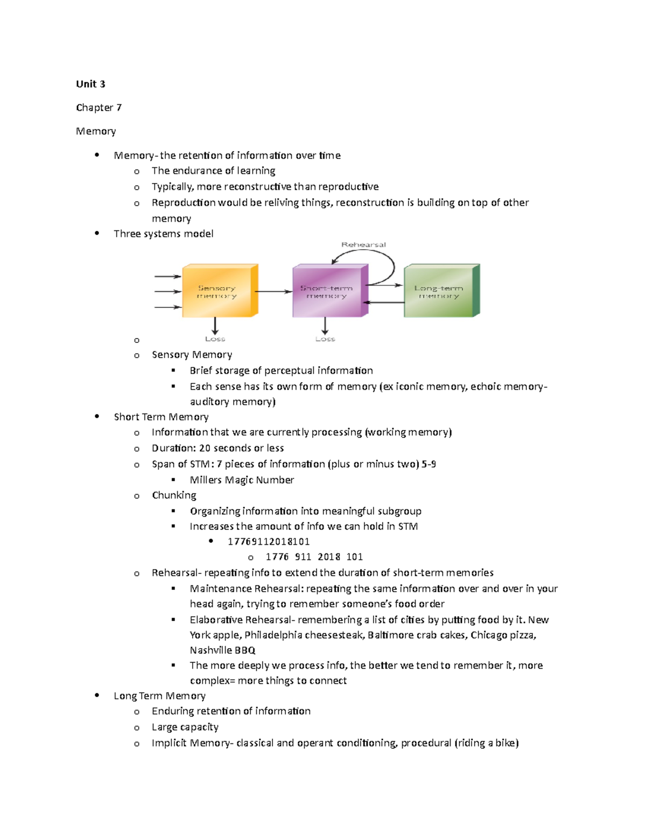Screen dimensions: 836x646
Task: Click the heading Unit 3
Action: tap(90, 84)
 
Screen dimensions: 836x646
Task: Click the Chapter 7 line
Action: tap(99, 108)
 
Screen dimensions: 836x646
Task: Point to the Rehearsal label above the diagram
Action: tap(363, 244)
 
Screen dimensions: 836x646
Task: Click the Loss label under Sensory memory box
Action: tap(215, 339)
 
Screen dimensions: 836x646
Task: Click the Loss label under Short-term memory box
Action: tap(325, 339)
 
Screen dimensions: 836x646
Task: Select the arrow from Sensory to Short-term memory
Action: tap(273, 292)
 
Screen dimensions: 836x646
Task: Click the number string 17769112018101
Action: tap(269, 542)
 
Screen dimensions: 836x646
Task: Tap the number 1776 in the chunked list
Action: tap(277, 557)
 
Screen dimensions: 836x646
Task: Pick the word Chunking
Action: tap(174, 495)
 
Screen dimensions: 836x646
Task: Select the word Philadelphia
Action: tap(273, 635)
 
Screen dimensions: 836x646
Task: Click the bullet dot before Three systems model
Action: tap(97, 233)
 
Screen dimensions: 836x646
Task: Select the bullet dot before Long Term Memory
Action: tap(97, 696)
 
